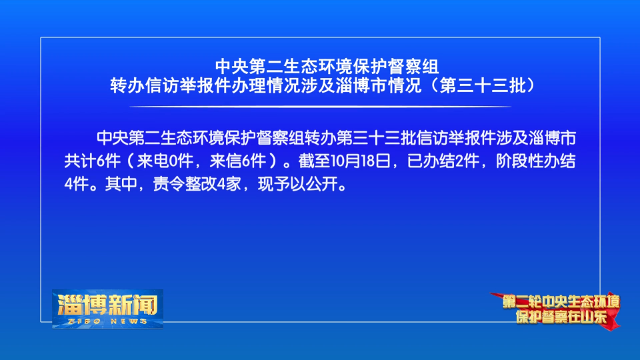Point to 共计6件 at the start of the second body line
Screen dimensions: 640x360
click(x=92, y=161)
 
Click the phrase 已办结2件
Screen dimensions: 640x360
click(x=443, y=161)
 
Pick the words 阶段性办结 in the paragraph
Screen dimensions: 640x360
click(x=535, y=161)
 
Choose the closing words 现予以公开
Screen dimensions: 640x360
click(x=298, y=184)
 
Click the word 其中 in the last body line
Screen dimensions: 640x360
click(x=121, y=184)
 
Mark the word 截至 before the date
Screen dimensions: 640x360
click(x=314, y=161)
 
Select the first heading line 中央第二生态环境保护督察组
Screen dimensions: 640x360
click(x=327, y=67)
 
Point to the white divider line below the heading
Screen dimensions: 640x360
click(x=321, y=107)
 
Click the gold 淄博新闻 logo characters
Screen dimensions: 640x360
click(x=108, y=305)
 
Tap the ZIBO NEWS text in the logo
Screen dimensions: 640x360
click(x=108, y=321)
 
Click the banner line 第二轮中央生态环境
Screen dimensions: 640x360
click(x=561, y=302)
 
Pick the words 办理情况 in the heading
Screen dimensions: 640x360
click(x=266, y=86)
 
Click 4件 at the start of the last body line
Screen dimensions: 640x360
click(x=76, y=184)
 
